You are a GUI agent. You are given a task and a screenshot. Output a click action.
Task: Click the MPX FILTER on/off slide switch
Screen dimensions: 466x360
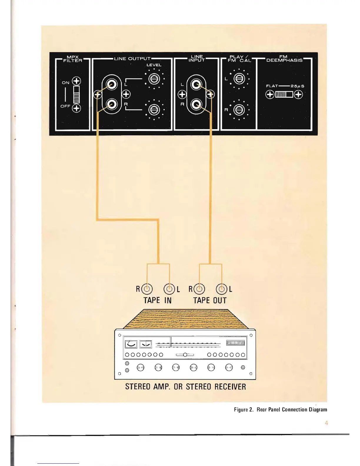pos(76,94)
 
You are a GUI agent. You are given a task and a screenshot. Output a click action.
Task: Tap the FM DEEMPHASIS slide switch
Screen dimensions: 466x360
pos(284,94)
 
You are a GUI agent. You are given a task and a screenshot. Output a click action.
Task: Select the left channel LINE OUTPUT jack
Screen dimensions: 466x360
pos(112,85)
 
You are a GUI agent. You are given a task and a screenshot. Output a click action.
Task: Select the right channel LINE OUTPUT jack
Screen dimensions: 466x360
pos(112,104)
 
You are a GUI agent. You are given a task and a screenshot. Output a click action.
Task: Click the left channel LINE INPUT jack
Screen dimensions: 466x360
pos(196,85)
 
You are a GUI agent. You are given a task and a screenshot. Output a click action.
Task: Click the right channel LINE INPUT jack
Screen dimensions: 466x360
pos(196,104)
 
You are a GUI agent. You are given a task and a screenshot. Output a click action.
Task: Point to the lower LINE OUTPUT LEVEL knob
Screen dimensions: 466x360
pos(154,109)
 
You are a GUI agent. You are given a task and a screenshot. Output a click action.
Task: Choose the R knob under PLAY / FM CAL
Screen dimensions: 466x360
pos(239,110)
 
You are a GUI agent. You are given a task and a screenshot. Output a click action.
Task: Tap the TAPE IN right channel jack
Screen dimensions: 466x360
pos(147,289)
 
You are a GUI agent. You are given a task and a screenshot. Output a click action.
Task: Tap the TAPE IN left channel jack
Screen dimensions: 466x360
pos(169,289)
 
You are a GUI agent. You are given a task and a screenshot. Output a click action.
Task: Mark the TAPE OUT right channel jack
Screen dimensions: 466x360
pos(199,289)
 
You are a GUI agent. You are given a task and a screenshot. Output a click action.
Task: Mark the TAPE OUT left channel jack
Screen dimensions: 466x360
pos(221,289)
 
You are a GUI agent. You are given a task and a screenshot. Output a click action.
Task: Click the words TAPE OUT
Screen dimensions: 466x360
pos(210,300)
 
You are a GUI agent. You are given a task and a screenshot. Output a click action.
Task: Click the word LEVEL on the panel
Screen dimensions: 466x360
pos(154,65)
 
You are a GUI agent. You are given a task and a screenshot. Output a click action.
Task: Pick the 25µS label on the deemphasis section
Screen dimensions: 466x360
pos(297,86)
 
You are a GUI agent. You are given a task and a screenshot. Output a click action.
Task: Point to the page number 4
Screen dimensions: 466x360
pos(326,423)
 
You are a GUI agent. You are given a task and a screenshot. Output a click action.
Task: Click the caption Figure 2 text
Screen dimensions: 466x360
pos(280,410)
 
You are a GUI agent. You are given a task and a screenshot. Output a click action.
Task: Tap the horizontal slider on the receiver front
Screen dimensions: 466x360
pos(185,355)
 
